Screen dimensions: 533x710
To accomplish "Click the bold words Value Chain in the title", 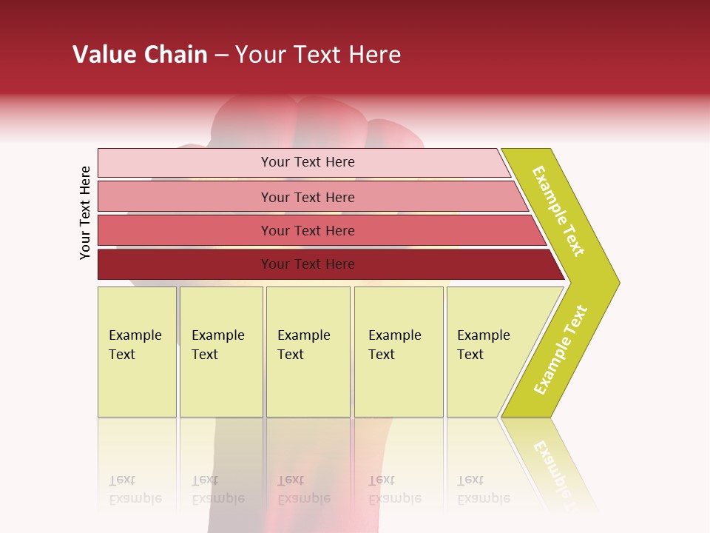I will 140,55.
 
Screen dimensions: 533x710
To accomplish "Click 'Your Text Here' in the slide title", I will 318,55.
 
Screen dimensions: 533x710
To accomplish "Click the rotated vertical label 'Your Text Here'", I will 85,212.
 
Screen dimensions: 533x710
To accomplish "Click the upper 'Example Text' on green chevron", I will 558,211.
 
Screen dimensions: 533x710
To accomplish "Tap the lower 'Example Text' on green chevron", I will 561,349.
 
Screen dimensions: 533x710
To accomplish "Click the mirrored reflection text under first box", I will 135,489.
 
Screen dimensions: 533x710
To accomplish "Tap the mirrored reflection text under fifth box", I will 483,489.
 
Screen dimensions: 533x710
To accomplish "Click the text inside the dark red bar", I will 308,264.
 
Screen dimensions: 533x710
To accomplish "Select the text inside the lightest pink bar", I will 308,162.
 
